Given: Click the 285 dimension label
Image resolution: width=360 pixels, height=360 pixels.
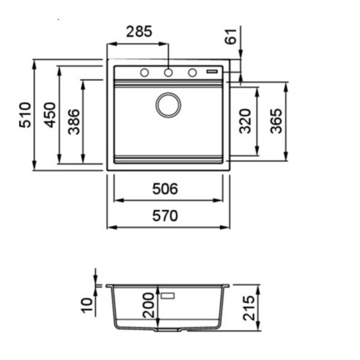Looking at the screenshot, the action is point(139,31).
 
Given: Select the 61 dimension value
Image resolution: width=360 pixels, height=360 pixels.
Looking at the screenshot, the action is point(230,36).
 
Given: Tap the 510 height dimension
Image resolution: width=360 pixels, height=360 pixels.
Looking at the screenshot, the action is point(25,115).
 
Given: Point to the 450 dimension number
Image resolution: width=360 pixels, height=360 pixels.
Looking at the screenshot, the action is point(50,115).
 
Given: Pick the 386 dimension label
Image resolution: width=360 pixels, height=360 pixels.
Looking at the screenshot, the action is point(74,122).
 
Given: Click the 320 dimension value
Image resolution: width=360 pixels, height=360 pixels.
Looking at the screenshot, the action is point(245,121).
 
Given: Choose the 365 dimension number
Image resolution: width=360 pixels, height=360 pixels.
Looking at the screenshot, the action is point(276,121).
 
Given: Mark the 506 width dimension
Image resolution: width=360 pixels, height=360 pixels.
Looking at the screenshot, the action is point(165,189).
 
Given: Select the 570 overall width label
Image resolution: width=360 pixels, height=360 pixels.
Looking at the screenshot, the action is point(165,216).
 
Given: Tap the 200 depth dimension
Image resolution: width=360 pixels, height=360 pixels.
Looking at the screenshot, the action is point(149,305).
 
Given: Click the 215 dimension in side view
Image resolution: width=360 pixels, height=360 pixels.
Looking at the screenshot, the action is point(249,308).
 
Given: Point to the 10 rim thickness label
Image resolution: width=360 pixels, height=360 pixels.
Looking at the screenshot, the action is point(87,305).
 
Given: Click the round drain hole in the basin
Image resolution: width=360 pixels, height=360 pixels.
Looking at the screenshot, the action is point(168,105).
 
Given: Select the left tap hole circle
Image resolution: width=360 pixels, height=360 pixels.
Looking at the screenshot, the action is point(145,73).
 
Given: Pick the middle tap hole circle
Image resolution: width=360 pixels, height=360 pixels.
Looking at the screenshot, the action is point(168,73).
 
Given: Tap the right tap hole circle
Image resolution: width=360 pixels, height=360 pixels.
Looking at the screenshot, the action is point(192,73).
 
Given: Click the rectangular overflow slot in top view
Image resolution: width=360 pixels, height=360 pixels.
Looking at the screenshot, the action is point(212,71).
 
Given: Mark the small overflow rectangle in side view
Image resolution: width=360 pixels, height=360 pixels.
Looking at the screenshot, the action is point(168,296).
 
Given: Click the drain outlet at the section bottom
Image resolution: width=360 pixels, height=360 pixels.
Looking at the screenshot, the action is point(168,330).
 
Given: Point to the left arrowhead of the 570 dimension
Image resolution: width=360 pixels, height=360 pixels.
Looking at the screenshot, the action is point(112,227).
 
